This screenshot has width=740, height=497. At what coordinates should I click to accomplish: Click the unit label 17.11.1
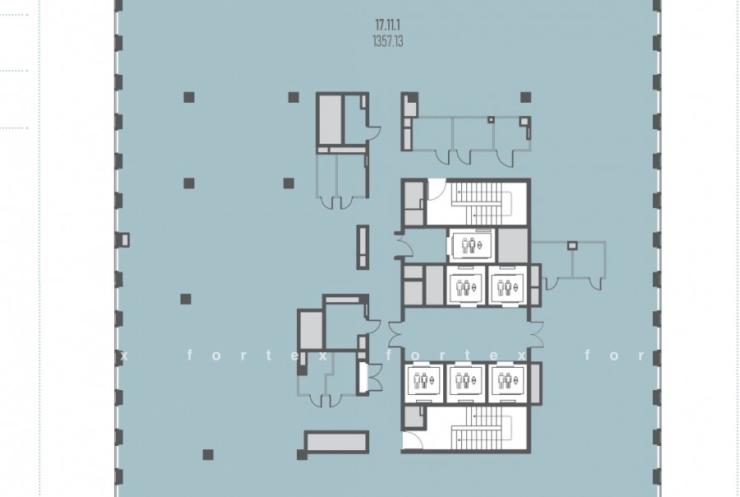[x=387, y=25]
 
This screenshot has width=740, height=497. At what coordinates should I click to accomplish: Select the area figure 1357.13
[x=388, y=41]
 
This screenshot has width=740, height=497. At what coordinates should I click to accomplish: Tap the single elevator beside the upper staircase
[x=470, y=246]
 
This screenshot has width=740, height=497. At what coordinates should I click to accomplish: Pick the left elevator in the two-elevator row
[x=465, y=286]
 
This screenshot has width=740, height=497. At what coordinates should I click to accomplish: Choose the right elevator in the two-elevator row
[x=506, y=286]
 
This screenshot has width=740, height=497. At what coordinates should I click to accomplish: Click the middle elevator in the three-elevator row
[x=465, y=380]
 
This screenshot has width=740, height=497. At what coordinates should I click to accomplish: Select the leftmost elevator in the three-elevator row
[x=423, y=380]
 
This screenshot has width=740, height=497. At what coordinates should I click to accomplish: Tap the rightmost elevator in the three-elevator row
[x=506, y=380]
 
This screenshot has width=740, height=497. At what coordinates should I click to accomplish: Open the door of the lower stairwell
[x=413, y=440]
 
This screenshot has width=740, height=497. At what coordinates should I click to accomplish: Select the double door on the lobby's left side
[x=395, y=333]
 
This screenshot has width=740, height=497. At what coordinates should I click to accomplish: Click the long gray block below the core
[x=336, y=442]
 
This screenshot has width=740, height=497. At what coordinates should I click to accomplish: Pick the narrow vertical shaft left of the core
[x=363, y=247]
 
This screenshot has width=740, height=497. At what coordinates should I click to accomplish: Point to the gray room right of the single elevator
[x=513, y=244]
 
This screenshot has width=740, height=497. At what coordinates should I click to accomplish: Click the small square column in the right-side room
[x=572, y=246]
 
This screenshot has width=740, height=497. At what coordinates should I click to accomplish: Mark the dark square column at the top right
[x=525, y=97]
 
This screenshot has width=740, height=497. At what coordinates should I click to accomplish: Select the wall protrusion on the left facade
[x=123, y=240]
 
